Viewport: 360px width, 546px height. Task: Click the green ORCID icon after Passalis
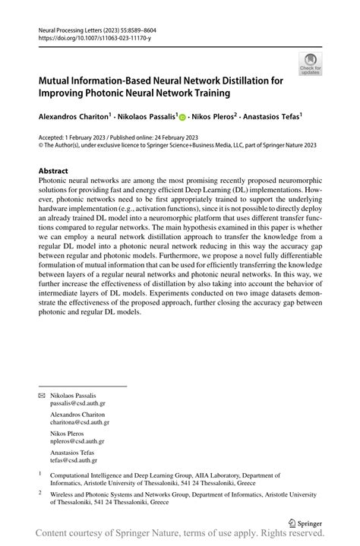click(183, 117)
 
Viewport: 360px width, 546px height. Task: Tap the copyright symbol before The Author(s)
click(41, 146)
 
